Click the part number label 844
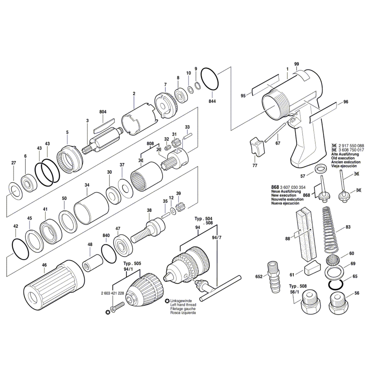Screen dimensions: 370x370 pyautogui.click(x=212, y=101)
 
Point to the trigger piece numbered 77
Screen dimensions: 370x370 pyautogui.click(x=258, y=147)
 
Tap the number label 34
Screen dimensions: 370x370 pyautogui.click(x=87, y=185)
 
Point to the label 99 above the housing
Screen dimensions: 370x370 pyautogui.click(x=296, y=64)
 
